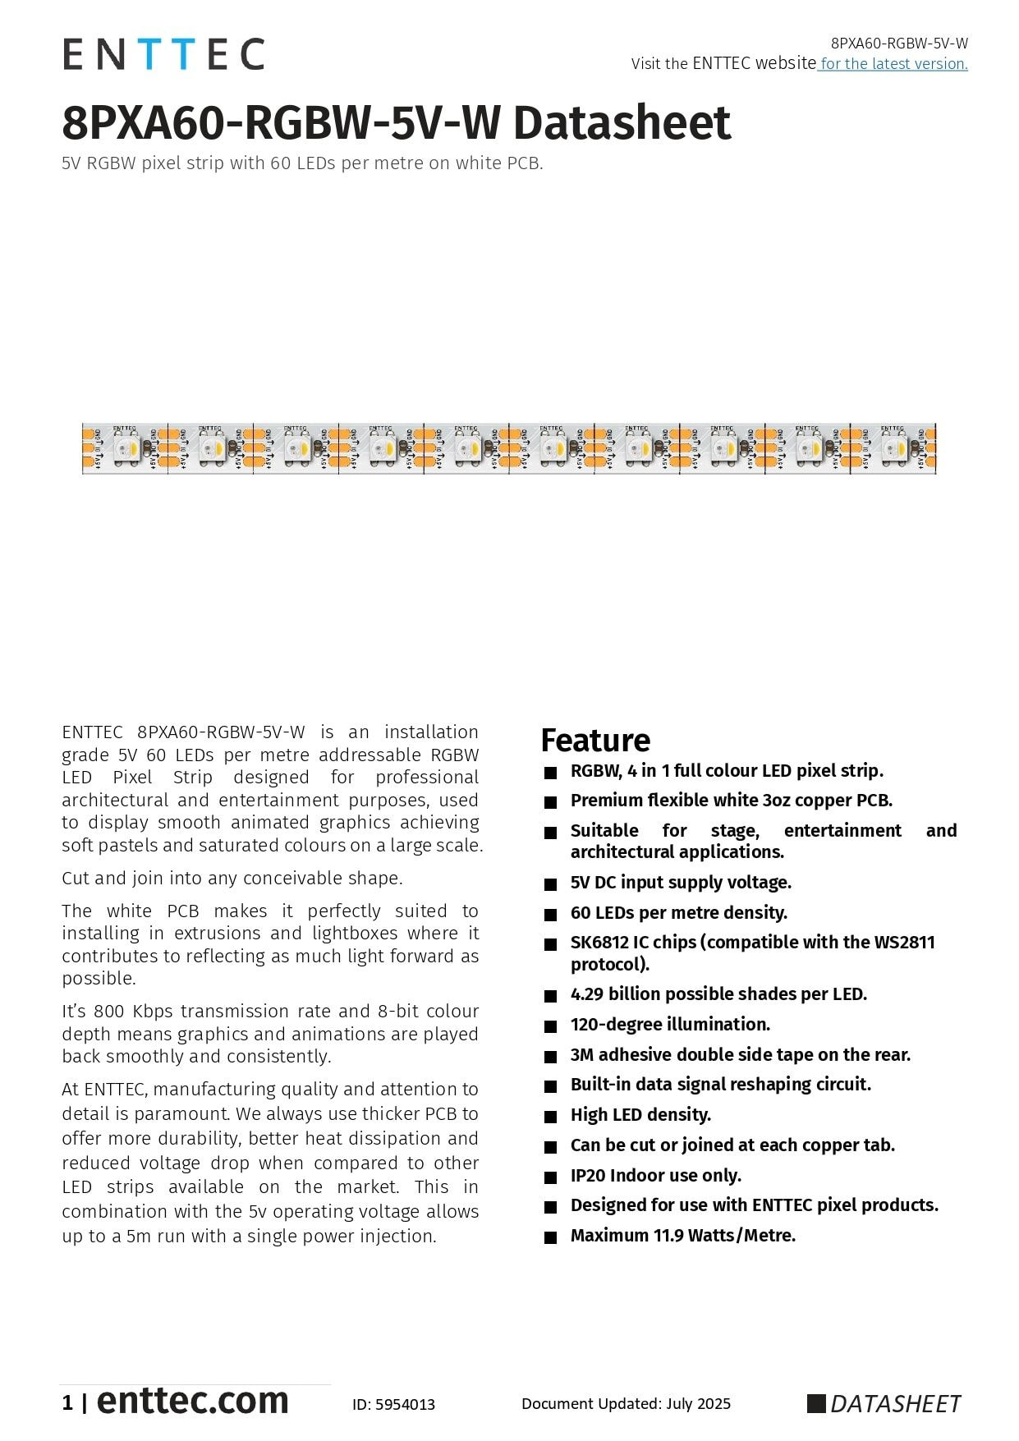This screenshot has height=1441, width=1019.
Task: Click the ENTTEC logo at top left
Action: click(163, 54)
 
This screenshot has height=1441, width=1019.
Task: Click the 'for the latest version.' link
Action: click(893, 64)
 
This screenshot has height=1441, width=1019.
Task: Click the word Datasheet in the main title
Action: click(622, 123)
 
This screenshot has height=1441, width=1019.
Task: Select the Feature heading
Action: click(595, 741)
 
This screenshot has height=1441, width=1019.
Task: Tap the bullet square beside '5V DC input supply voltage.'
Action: click(550, 884)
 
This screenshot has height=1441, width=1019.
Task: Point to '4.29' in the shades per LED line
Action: click(586, 994)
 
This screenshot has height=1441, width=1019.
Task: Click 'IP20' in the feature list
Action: click(587, 1176)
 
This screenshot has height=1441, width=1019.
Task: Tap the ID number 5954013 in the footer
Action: click(406, 1405)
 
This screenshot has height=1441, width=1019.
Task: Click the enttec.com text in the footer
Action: click(193, 1401)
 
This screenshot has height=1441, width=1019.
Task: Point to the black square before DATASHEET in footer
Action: click(815, 1404)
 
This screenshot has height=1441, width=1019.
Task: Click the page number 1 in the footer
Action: click(67, 1403)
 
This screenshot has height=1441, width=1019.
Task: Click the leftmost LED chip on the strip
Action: click(126, 448)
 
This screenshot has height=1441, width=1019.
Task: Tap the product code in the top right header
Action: click(899, 44)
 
